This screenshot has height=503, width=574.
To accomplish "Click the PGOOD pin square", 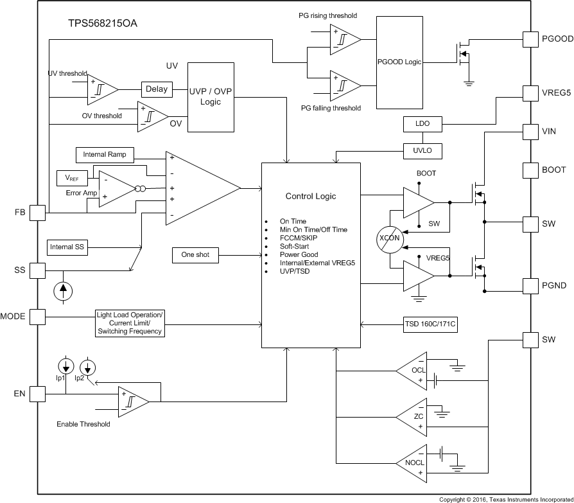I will coord(532,39).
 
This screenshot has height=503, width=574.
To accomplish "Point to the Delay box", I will coord(157,89).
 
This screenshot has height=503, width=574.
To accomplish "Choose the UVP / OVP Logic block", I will coord(211,96).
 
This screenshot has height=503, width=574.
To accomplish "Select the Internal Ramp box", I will coord(105,155).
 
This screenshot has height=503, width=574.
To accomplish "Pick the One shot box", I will coord(196,255).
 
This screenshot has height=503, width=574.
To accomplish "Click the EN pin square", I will coord(39,393).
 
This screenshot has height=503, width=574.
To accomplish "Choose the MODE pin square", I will coord(39,317).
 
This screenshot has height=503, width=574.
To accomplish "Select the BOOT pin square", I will coord(532,170).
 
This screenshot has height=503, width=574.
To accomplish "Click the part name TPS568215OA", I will coord(103,23).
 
